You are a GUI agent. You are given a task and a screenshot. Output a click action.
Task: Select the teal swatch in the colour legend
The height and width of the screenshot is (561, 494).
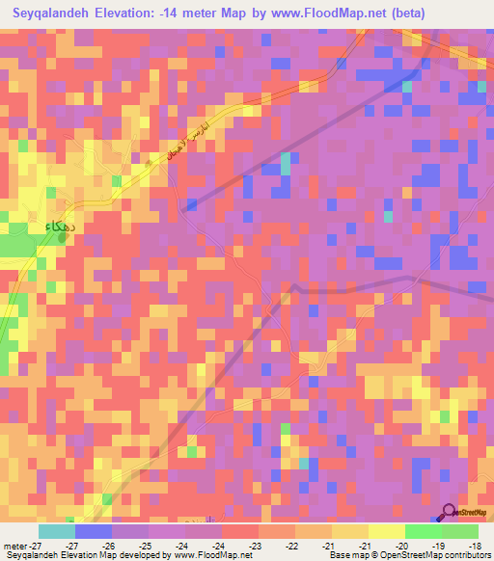coord(57,531)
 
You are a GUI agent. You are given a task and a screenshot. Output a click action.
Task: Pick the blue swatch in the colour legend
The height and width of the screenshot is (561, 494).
coord(94,531)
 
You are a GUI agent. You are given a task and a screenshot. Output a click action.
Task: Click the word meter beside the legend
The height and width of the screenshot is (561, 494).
coord(15,545)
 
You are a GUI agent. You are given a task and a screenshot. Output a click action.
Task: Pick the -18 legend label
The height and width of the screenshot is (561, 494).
coord(476,545)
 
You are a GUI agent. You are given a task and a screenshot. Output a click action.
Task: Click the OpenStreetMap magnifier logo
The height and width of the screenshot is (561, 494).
coord(450,512)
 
